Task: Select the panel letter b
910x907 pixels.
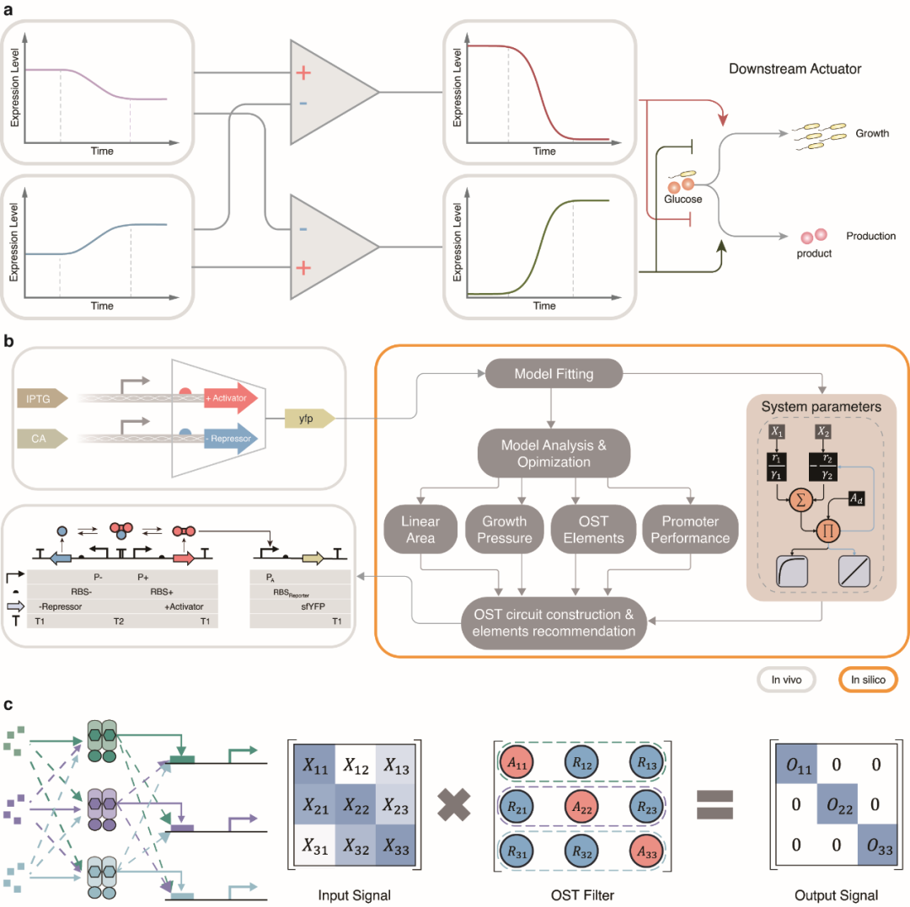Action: [9, 342]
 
